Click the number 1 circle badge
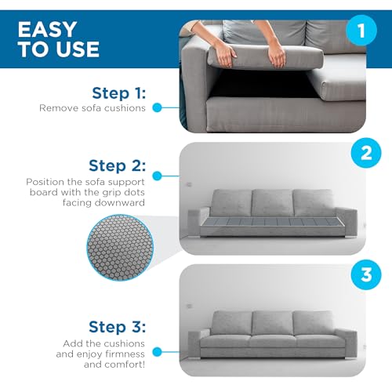point(361,31)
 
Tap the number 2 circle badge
point(366,153)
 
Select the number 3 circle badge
point(366,274)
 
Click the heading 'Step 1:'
point(119,93)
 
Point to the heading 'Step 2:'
point(117,165)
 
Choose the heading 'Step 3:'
point(117,327)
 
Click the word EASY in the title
point(47,29)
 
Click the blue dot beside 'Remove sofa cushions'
point(157,107)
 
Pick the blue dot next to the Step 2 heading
point(157,176)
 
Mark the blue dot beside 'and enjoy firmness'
point(157,352)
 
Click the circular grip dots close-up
point(120,248)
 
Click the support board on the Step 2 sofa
point(270,222)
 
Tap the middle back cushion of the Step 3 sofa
point(272,323)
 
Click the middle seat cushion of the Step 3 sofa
point(274,341)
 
